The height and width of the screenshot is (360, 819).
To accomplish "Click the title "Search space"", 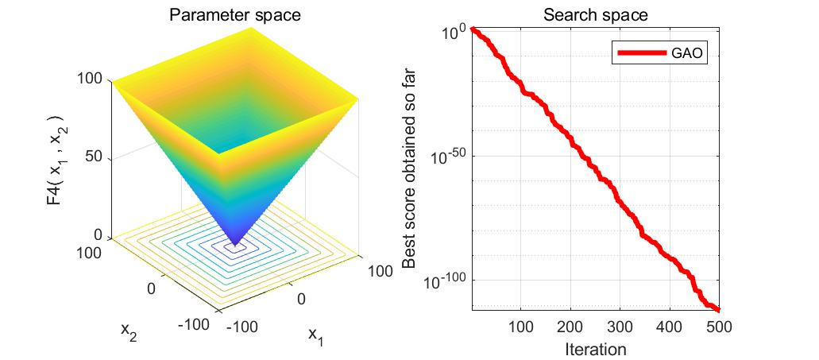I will pyautogui.click(x=595, y=14).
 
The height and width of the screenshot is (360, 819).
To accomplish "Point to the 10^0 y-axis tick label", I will pyautogui.click(x=453, y=33).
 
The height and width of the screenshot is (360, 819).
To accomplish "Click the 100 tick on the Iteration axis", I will pyautogui.click(x=520, y=327).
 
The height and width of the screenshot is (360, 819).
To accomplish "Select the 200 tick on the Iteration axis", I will pyautogui.click(x=570, y=327).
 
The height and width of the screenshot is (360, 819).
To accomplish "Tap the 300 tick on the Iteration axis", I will pyautogui.click(x=620, y=327).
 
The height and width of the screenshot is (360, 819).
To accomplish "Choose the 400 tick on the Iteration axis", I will pyautogui.click(x=670, y=327).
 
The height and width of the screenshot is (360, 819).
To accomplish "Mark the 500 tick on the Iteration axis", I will pyautogui.click(x=719, y=327).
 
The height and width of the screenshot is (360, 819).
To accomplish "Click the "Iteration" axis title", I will pyautogui.click(x=595, y=349).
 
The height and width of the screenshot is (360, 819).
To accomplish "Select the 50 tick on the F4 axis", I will pyautogui.click(x=95, y=157).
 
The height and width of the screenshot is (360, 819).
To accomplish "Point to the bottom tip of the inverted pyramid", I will pyautogui.click(x=235, y=245).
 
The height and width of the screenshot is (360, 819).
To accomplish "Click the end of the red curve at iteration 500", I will pyautogui.click(x=718, y=309).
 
